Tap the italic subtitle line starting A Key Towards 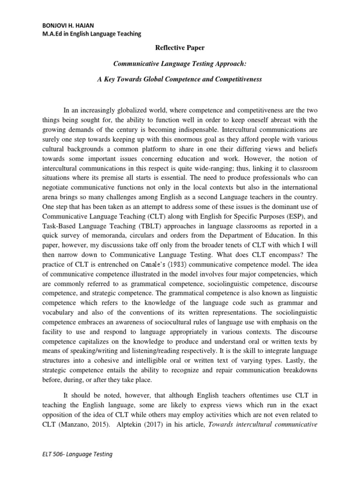[180, 79]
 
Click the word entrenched [115, 255]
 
